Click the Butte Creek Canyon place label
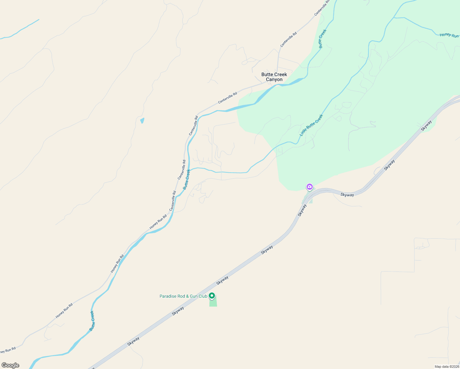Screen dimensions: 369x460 [274, 77]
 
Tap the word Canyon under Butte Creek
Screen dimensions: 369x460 [274, 80]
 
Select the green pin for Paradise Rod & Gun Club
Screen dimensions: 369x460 [212, 296]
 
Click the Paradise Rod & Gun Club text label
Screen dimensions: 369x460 [183, 296]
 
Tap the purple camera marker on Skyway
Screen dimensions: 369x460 [310, 187]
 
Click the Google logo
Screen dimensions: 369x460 [10, 365]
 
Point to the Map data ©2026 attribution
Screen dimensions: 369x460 [446, 367]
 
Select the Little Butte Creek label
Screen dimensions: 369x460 [311, 125]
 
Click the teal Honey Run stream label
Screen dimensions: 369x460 [449, 35]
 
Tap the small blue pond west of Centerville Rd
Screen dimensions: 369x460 [142, 121]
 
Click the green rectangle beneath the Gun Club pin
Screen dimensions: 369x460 [213, 302]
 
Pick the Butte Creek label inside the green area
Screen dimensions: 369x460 [322, 39]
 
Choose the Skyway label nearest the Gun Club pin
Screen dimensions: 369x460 [222, 280]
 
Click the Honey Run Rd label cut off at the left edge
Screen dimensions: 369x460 [7, 350]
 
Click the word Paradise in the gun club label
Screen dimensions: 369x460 [168, 296]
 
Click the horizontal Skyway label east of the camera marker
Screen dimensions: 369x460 [347, 195]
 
